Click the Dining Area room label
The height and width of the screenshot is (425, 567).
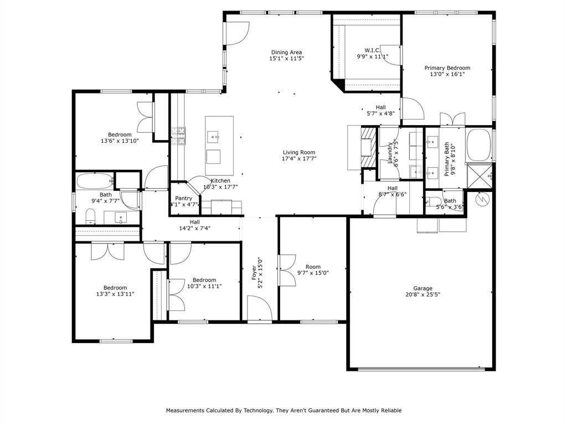click(286, 53)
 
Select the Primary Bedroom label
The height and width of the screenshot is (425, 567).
click(447, 68)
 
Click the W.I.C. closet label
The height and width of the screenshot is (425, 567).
click(372, 50)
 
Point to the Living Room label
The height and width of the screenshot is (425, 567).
click(299, 153)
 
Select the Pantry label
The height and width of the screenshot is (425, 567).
click(183, 198)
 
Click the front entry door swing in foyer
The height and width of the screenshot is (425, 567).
click(258, 308)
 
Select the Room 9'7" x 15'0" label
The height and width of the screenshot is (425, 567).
click(313, 269)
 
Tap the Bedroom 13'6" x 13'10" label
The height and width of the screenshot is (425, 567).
click(120, 138)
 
